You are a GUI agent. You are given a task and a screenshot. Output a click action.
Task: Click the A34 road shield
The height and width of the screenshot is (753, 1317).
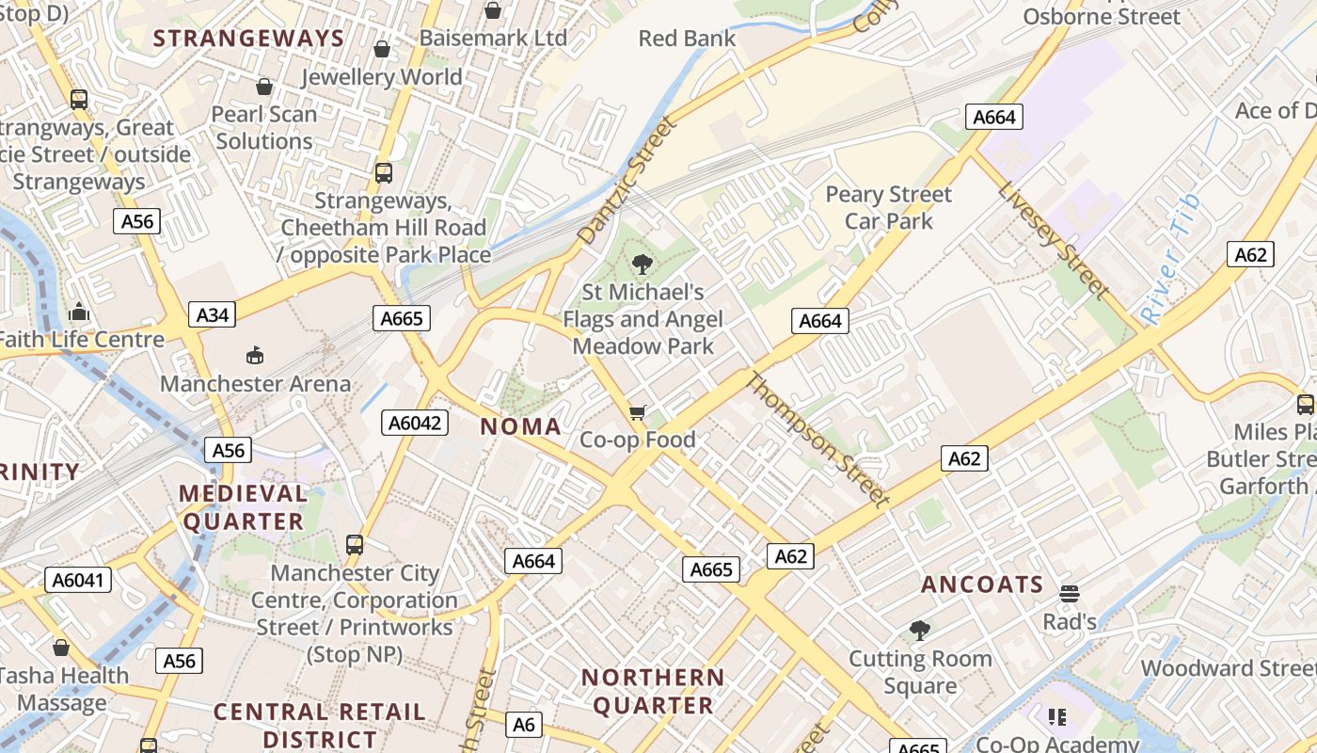point(212,314)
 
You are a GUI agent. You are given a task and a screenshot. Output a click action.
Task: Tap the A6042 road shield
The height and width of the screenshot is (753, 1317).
point(415,423)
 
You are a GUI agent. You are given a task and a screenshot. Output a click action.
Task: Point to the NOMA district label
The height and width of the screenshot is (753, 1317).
point(521,426)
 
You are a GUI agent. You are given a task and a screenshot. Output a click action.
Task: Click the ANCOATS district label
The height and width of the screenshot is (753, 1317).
point(982,585)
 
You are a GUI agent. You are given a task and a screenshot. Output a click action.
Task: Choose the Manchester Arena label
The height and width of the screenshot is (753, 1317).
point(255,384)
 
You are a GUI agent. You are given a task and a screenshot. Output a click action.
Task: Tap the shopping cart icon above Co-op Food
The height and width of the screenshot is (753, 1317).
point(638,412)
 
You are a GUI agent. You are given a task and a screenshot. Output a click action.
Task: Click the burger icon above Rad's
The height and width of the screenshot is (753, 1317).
point(1069,594)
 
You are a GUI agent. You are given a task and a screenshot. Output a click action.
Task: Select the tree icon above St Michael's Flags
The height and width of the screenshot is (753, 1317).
point(643,264)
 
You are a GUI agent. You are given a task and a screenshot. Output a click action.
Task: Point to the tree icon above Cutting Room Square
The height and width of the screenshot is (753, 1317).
point(920,631)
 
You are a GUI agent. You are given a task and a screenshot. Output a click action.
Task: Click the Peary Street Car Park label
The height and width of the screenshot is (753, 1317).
point(889,208)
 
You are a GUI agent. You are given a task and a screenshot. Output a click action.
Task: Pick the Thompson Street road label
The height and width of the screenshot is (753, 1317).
point(817,439)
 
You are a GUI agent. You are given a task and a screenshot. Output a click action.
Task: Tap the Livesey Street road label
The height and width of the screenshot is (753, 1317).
point(1054,240)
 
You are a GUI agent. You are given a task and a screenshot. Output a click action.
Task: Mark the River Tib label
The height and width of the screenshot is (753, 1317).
point(1170,260)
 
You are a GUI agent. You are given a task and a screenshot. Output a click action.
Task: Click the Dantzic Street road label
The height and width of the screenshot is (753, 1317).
point(627,181)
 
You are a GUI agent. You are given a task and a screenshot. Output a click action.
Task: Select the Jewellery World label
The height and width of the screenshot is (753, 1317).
point(382,77)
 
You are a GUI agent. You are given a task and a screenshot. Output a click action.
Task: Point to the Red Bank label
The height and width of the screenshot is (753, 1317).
point(687,39)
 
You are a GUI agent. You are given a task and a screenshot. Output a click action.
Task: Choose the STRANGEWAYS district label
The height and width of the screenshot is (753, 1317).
point(249,39)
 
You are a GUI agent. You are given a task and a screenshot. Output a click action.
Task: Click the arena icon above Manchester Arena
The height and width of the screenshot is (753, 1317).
point(255,355)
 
